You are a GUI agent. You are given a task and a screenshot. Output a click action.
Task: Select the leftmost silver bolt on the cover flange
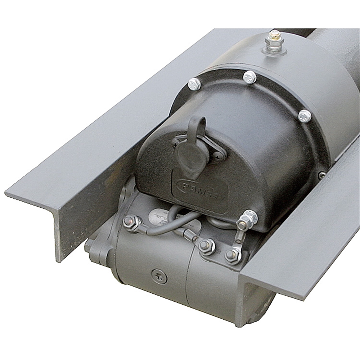click(x=194, y=84)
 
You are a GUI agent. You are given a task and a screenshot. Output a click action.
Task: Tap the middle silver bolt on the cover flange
click(x=249, y=77)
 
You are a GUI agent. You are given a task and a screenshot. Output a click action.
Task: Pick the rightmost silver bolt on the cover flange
click(x=305, y=116)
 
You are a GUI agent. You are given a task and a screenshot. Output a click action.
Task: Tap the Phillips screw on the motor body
click(x=159, y=276)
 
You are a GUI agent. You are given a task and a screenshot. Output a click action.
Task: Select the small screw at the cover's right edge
click(x=322, y=175)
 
